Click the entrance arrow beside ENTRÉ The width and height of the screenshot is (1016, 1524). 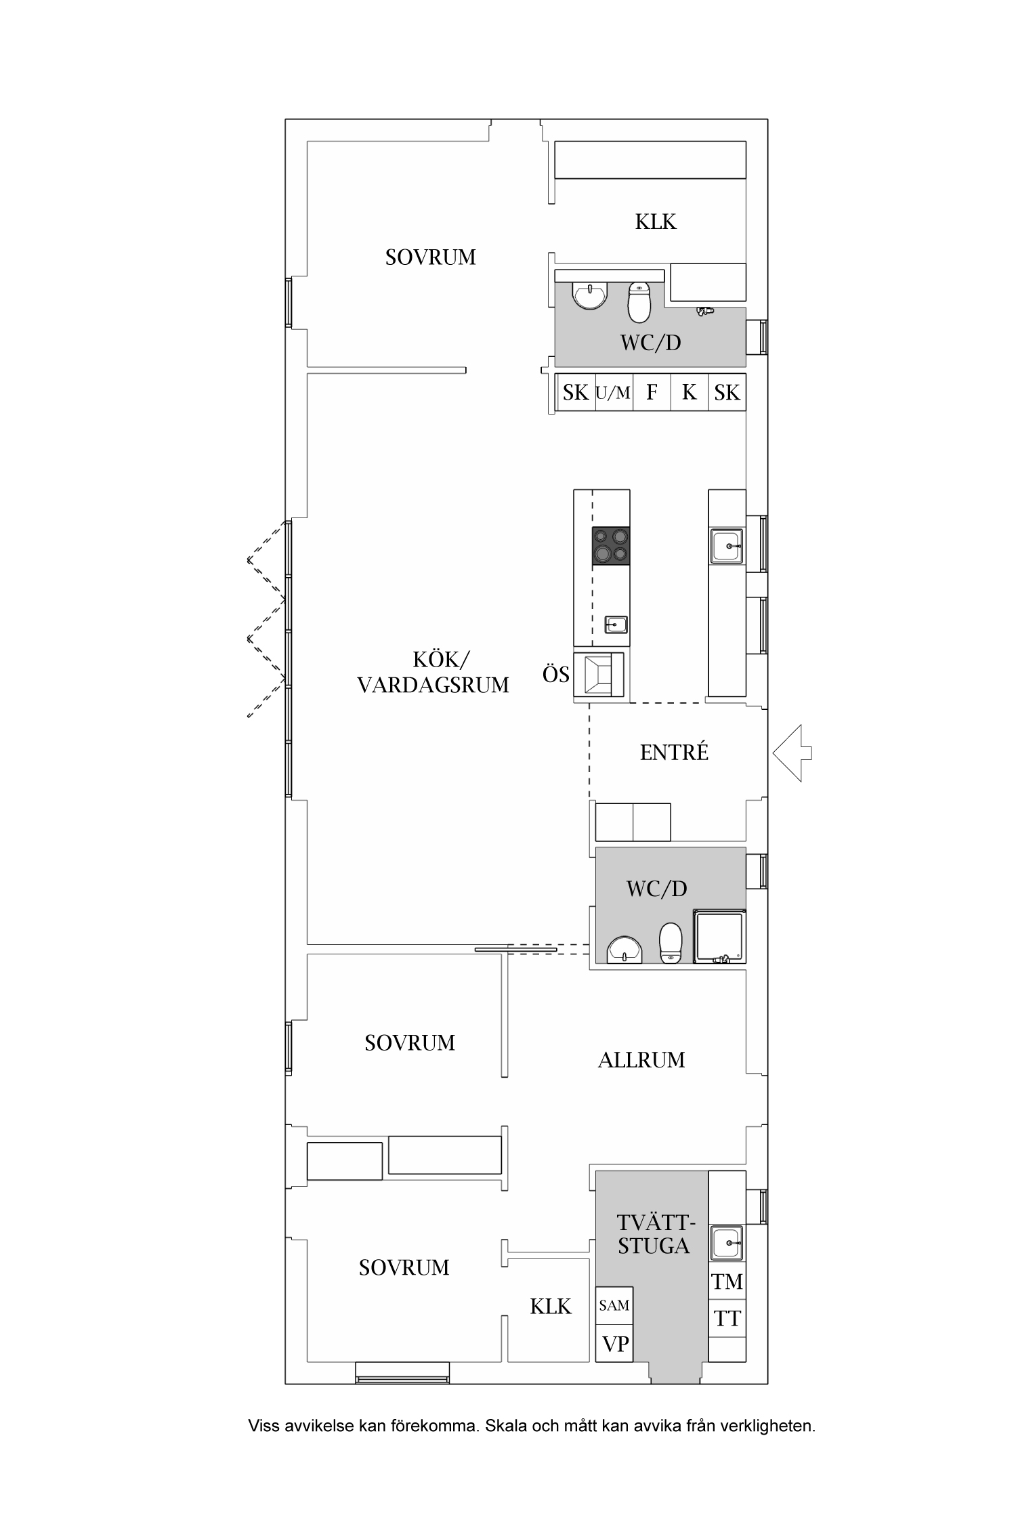[x=792, y=753]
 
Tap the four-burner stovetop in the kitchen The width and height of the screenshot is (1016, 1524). [x=610, y=546]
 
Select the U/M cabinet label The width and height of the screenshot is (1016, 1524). [x=613, y=392]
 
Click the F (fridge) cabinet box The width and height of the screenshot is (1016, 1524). [x=652, y=391]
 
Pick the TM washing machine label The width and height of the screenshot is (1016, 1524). [x=727, y=1282]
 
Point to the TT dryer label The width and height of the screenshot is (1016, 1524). [x=727, y=1318]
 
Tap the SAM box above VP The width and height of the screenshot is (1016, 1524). [x=614, y=1305]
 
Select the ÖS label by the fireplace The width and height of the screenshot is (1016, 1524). [x=556, y=674]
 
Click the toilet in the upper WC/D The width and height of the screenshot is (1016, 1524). [x=639, y=302]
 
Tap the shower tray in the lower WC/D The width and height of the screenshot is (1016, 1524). [x=719, y=937]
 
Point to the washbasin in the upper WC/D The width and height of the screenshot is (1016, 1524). [x=590, y=294]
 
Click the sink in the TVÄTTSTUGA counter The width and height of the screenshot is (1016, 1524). [x=727, y=1243]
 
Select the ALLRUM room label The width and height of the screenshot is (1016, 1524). [x=641, y=1060]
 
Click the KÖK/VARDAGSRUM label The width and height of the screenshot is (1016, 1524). [x=433, y=672]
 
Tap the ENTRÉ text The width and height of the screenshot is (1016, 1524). [x=674, y=752]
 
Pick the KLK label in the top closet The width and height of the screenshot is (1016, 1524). [x=656, y=221]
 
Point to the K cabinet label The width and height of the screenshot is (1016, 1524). [x=690, y=392]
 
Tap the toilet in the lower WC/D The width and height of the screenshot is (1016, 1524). [x=671, y=944]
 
